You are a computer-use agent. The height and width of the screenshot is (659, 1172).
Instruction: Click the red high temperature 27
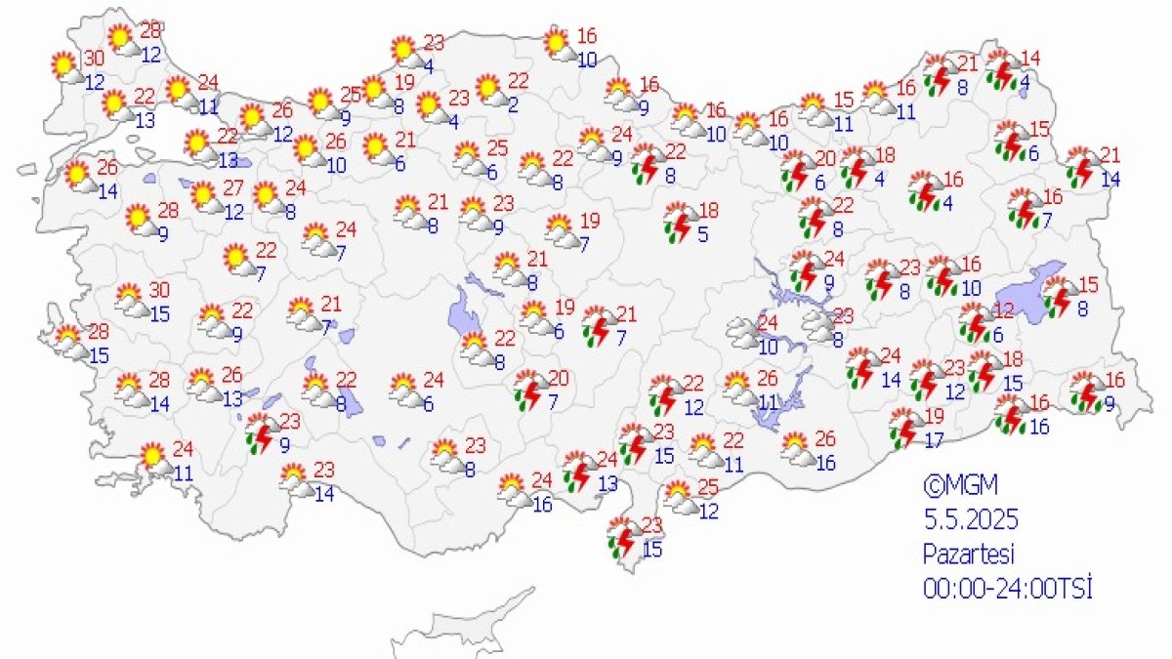click(x=232, y=187)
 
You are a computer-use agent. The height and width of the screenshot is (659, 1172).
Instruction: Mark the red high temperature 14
click(x=1029, y=58)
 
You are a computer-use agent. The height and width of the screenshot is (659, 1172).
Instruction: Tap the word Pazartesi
click(x=969, y=554)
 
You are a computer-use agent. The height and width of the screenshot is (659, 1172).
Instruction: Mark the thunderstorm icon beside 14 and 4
click(x=1002, y=68)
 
